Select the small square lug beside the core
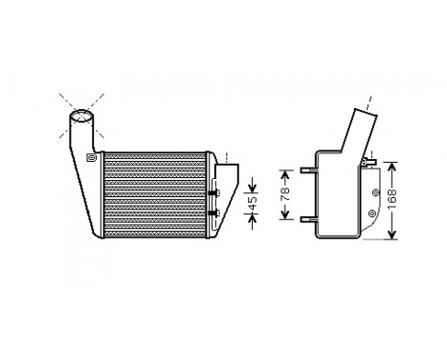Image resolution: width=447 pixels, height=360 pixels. pyautogui.click(x=92, y=158)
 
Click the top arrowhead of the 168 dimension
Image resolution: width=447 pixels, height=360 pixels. pyautogui.click(x=393, y=163)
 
